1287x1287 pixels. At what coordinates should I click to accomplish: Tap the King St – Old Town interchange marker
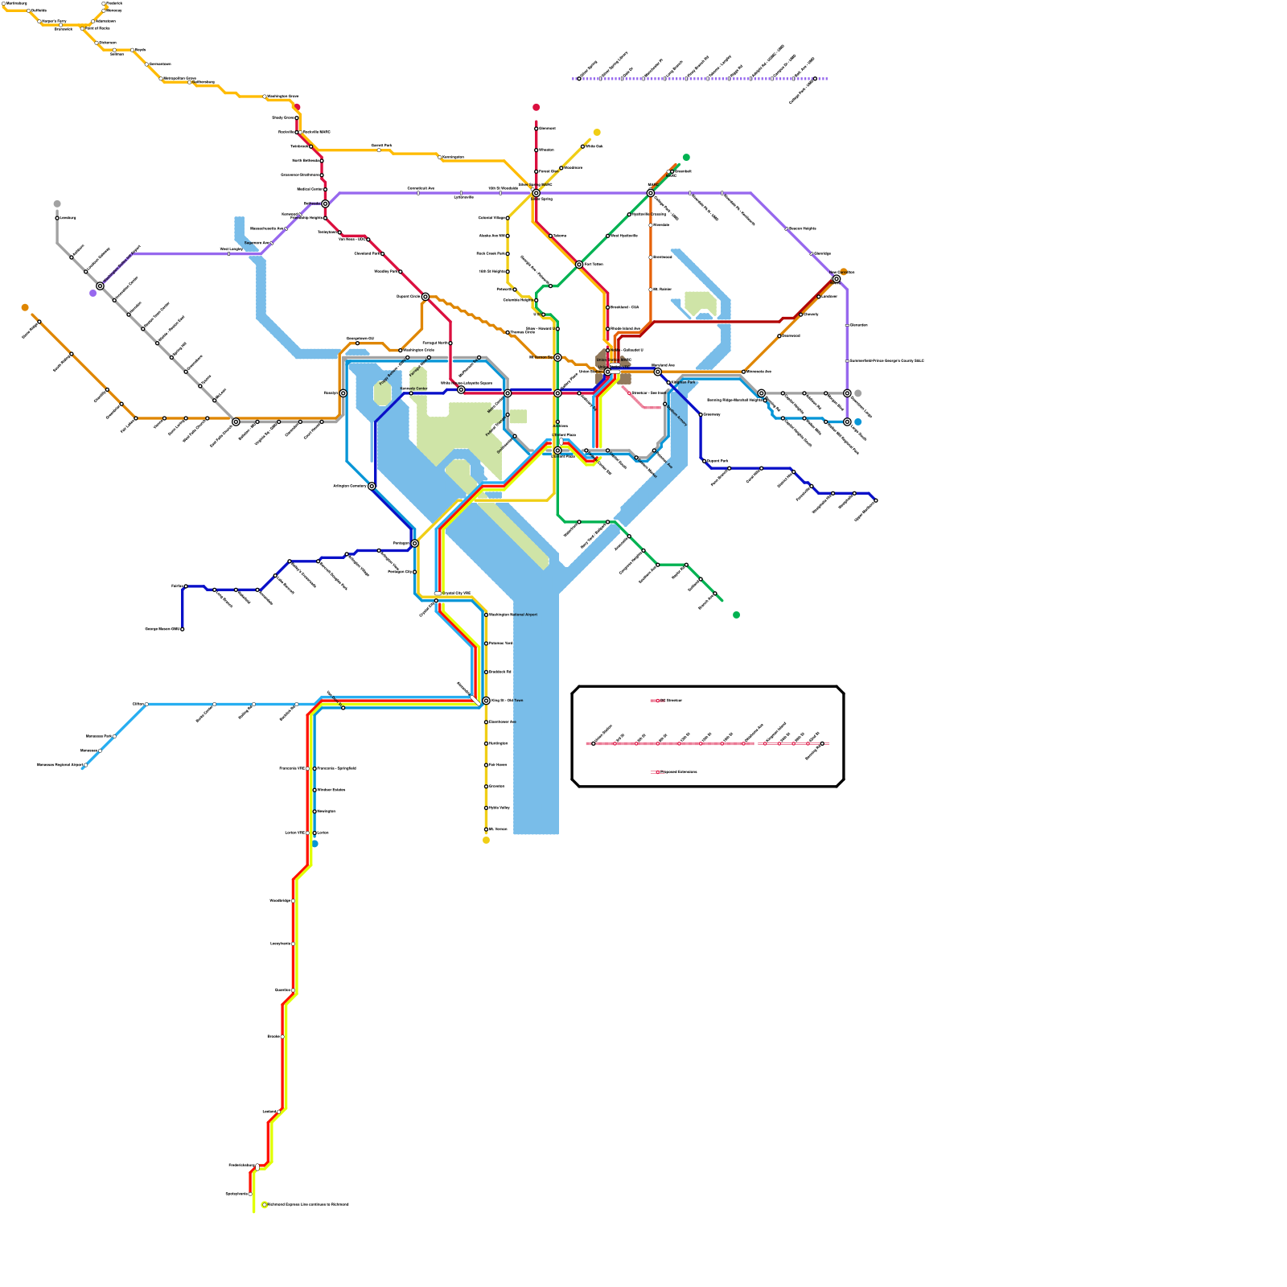tap(486, 701)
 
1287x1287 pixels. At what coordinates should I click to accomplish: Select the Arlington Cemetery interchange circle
tap(372, 486)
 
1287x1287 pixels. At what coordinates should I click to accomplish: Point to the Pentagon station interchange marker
tap(414, 544)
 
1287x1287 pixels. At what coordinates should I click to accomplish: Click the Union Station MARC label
tap(614, 360)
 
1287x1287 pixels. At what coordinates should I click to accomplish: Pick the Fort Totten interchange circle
tap(579, 264)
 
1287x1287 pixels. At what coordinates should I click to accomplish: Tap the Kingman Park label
tap(682, 382)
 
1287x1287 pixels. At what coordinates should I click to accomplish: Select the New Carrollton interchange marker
tap(837, 279)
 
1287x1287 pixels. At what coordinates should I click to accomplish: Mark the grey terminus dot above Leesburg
tap(57, 204)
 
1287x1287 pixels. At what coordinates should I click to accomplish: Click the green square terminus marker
tap(736, 615)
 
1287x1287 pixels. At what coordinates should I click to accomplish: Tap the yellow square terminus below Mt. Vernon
tap(486, 841)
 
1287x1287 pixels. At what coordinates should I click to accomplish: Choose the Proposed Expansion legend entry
tap(677, 772)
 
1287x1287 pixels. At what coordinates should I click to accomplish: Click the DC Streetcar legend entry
tap(670, 701)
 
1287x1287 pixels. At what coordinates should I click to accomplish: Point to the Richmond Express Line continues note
tap(308, 1204)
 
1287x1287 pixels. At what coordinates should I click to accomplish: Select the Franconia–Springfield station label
tap(336, 768)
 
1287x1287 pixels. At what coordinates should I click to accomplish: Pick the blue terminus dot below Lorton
tap(315, 844)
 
